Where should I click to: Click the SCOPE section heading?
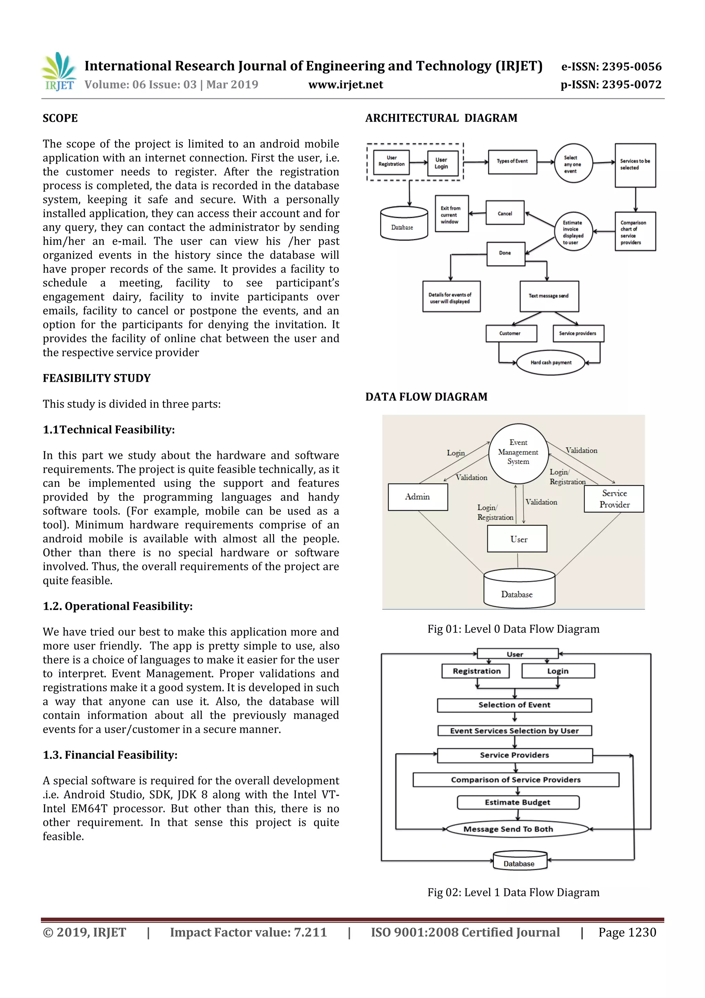[60, 118]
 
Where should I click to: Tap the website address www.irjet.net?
[345, 85]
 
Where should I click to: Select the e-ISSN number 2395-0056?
[611, 66]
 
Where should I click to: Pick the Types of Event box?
[512, 162]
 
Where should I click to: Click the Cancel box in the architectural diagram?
[505, 213]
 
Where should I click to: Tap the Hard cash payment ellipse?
[551, 362]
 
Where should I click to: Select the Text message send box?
[549, 296]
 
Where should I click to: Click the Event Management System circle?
[518, 453]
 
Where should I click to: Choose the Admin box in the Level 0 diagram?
[418, 497]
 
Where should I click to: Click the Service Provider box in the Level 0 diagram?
[614, 499]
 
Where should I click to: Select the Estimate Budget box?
[518, 802]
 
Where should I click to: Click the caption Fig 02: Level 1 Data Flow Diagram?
[513, 892]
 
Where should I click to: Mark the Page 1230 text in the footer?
[627, 932]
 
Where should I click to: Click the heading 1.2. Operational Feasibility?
[117, 606]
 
